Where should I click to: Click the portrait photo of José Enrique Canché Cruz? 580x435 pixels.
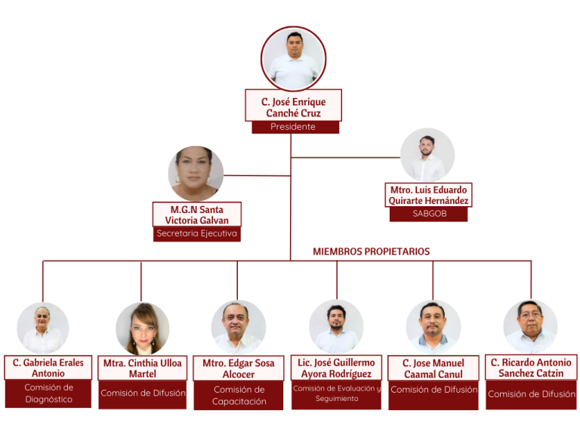293,59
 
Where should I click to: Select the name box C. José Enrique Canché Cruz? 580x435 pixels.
293,106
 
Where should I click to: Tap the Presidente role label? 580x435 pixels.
293,127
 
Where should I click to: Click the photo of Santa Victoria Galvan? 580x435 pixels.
196,173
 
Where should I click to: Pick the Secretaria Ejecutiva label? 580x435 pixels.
196,233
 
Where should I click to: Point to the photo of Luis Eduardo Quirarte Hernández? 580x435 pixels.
427,155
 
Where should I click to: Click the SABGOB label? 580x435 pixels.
428,214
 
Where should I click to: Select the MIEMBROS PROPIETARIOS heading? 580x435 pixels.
372,251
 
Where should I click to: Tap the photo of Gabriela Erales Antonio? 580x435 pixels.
43,329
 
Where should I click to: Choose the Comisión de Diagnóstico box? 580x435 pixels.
48,393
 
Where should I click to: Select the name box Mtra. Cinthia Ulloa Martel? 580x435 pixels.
142,368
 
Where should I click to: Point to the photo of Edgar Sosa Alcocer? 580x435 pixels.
238,328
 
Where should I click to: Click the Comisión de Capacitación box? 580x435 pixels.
239,396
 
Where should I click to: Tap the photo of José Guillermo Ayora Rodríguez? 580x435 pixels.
336,327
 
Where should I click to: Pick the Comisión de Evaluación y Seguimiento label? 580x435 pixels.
337,393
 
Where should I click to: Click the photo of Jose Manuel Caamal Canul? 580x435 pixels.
433,327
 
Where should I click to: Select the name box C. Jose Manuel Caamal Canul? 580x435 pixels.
433,369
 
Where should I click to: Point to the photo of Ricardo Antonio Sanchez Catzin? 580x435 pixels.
530,327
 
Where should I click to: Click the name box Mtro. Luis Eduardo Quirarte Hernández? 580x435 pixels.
428,195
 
